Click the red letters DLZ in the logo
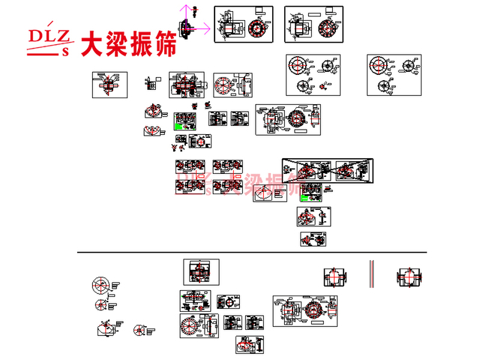(49, 37)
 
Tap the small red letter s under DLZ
(64, 52)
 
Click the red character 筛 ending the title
(163, 43)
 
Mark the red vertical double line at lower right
(370, 274)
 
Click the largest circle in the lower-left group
(101, 285)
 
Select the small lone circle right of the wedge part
(138, 330)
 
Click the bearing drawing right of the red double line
(409, 276)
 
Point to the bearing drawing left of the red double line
(336, 276)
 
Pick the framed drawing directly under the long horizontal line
(200, 271)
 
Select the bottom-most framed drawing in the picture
(250, 345)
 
